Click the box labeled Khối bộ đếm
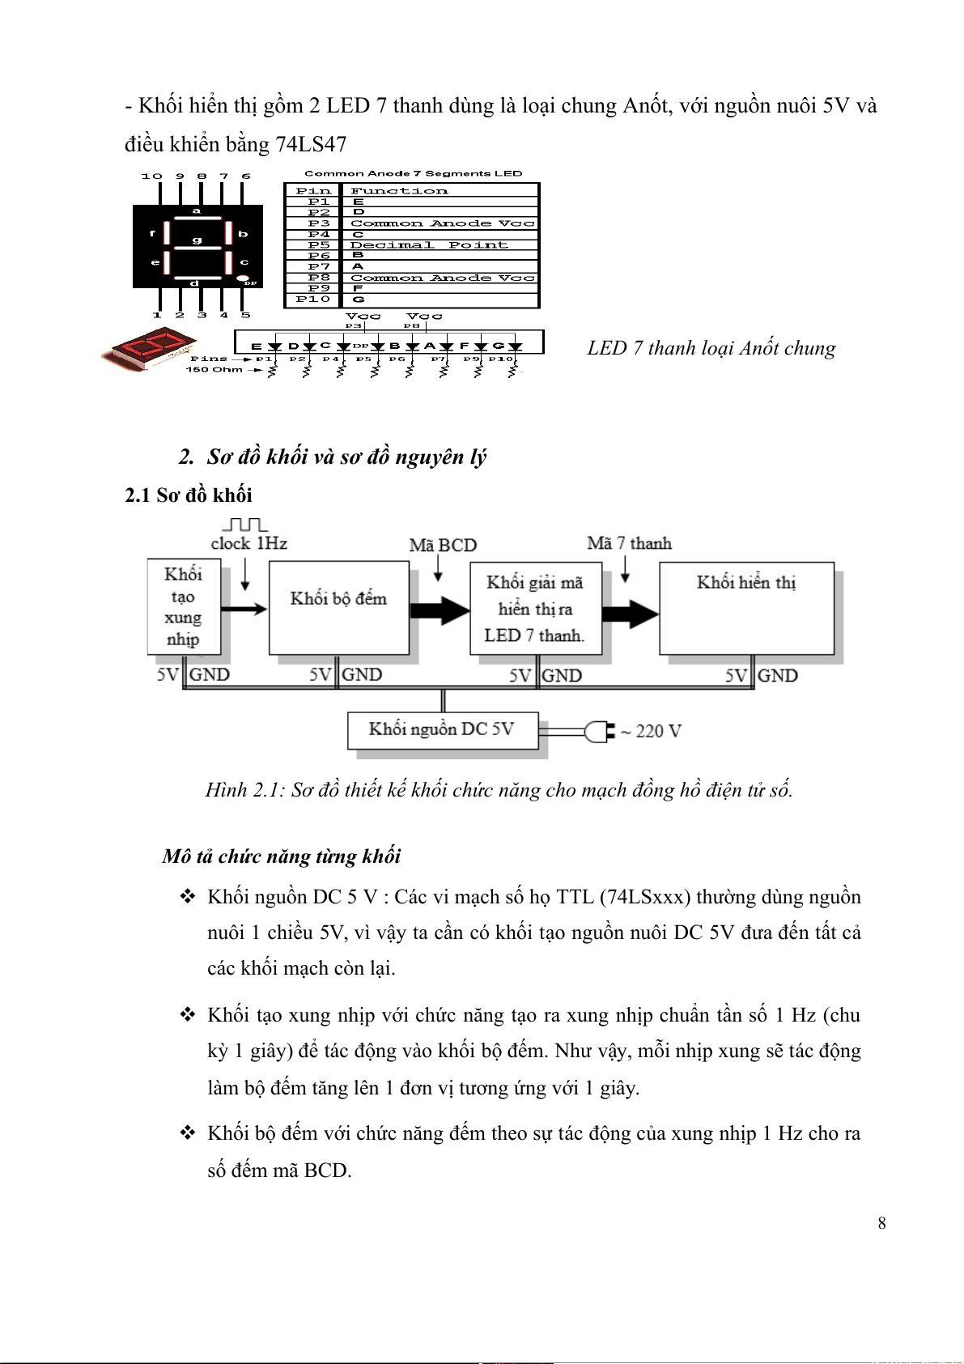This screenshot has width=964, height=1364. [x=338, y=608]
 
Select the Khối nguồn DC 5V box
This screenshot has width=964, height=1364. [x=442, y=730]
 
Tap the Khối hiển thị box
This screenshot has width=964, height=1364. [x=746, y=608]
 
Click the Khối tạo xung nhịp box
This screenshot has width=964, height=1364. [x=183, y=607]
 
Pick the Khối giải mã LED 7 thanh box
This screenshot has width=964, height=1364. [x=534, y=609]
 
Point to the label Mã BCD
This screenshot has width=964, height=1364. [x=443, y=546]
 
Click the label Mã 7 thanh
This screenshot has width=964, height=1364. [x=629, y=543]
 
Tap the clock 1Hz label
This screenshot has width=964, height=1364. [x=248, y=544]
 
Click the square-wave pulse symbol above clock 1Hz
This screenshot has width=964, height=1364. [x=244, y=525]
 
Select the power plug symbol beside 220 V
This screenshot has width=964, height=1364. [x=600, y=732]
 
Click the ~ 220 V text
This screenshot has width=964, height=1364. [x=651, y=732]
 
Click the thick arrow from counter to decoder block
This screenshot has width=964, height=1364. [x=440, y=610]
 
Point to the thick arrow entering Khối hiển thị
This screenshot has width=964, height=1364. [x=630, y=614]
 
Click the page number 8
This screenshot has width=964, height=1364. [x=881, y=1223]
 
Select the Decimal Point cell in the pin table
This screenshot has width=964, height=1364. [x=429, y=245]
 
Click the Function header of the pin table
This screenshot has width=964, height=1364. [x=399, y=191]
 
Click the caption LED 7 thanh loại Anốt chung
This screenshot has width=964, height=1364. [x=711, y=348]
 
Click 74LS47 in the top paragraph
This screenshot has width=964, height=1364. [x=311, y=144]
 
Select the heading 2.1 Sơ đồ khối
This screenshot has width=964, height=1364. [x=188, y=495]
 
